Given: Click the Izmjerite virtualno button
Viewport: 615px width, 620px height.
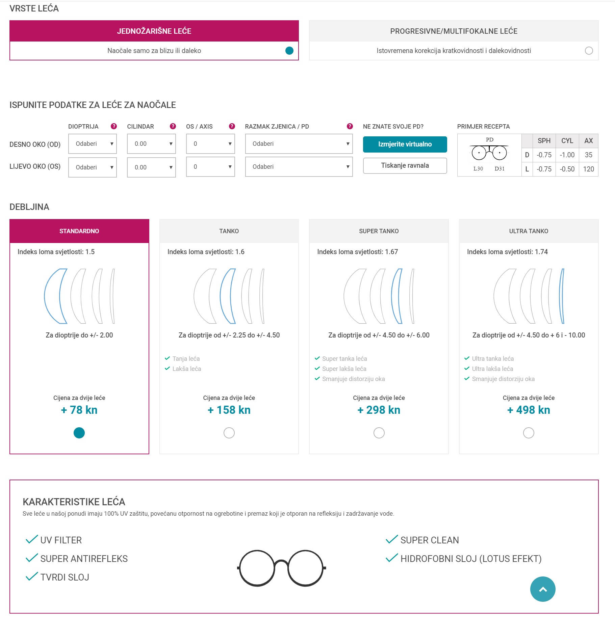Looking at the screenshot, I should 405,144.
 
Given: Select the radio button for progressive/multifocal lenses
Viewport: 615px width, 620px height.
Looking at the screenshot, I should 588,51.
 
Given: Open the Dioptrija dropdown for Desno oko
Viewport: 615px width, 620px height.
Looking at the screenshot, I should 92,144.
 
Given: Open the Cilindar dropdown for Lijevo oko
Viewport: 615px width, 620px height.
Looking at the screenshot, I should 151,167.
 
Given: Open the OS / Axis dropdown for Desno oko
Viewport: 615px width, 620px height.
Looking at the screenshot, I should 210,144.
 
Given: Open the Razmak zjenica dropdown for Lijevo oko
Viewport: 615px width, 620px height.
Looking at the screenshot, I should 299,167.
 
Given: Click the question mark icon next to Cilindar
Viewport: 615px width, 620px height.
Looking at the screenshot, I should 173,126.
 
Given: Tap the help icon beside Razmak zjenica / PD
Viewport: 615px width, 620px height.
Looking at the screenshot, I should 350,126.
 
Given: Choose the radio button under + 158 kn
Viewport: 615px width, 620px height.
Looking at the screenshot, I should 229,433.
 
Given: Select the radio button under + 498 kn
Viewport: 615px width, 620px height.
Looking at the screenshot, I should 528,433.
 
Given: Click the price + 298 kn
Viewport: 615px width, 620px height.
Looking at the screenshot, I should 379,410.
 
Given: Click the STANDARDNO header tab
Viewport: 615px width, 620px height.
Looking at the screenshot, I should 79,231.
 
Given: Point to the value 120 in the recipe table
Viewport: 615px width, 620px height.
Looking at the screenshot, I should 588,169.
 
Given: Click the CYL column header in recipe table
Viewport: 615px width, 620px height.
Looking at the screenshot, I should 567,141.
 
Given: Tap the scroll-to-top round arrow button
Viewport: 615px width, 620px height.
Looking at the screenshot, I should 542,589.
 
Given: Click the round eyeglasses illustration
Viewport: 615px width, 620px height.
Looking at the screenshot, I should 281,568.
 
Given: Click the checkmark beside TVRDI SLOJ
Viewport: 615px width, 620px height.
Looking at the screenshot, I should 32,576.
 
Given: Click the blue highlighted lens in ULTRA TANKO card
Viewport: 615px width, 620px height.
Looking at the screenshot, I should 562,296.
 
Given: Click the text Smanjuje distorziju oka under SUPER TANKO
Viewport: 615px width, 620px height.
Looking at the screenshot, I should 353,379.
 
